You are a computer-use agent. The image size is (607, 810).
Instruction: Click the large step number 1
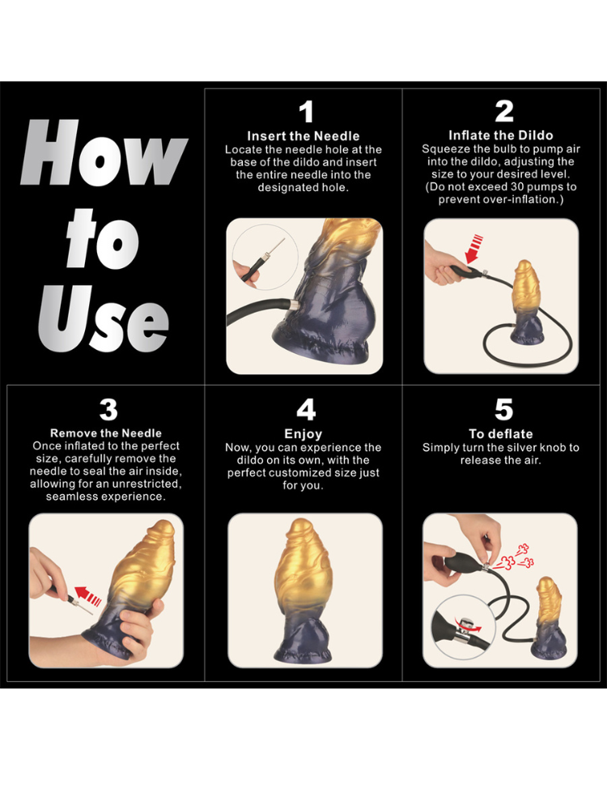click(x=307, y=112)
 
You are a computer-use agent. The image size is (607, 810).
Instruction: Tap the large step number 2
click(x=503, y=111)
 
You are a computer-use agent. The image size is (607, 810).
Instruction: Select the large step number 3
click(x=108, y=409)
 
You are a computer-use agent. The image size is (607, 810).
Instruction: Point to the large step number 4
click(x=306, y=409)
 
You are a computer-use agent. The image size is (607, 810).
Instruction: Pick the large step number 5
click(x=503, y=409)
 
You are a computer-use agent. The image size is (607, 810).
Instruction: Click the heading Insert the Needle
click(x=303, y=136)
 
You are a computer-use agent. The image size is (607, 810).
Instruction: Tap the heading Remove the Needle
click(x=106, y=433)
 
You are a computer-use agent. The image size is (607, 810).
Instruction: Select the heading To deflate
click(x=501, y=434)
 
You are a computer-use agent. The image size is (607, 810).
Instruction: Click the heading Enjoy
click(x=303, y=434)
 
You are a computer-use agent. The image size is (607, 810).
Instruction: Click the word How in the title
click(x=104, y=152)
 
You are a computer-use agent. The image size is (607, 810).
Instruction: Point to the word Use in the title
click(x=104, y=318)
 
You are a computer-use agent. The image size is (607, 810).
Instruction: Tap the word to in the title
click(x=102, y=239)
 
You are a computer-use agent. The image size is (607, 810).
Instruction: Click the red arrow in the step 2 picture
click(x=473, y=249)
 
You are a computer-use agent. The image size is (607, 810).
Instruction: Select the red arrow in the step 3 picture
click(x=87, y=595)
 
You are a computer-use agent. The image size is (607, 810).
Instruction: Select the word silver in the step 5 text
click(x=504, y=447)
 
